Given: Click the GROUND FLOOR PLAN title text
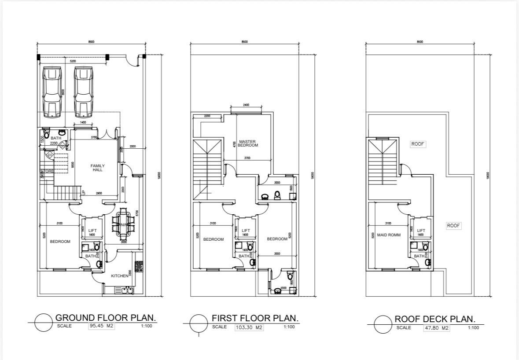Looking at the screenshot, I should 106,318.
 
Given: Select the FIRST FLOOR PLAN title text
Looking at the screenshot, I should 255,318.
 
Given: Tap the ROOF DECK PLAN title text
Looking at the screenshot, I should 434,319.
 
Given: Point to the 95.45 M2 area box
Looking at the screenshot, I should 101,327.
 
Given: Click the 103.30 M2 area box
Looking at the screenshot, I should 249,327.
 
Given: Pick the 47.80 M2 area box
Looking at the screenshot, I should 436,328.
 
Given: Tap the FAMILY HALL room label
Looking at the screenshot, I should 98,168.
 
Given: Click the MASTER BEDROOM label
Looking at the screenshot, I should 247,143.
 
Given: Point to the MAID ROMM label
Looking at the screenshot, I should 389,235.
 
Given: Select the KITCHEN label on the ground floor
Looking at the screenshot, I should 119,276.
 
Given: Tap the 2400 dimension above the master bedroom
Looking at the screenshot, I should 246,105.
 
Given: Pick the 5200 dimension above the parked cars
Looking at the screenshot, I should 73,61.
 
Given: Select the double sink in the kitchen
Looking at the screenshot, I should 127,290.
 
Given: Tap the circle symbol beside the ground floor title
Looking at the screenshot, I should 44,323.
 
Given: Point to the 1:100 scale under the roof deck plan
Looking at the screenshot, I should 473,328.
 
